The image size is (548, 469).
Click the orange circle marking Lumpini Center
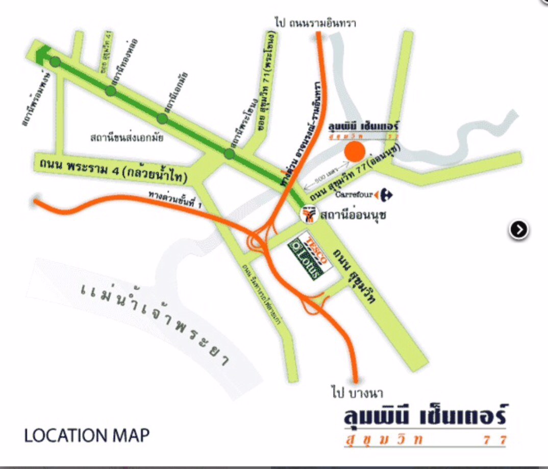coord(354,152)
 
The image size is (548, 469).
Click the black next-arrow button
coord(519,230)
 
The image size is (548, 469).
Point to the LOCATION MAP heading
coord(87,435)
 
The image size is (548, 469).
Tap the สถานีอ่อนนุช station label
coord(353,215)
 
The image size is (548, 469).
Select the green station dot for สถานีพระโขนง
coord(230,153)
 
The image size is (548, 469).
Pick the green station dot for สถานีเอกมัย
coord(162,119)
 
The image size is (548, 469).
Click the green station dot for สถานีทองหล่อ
coord(111,91)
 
